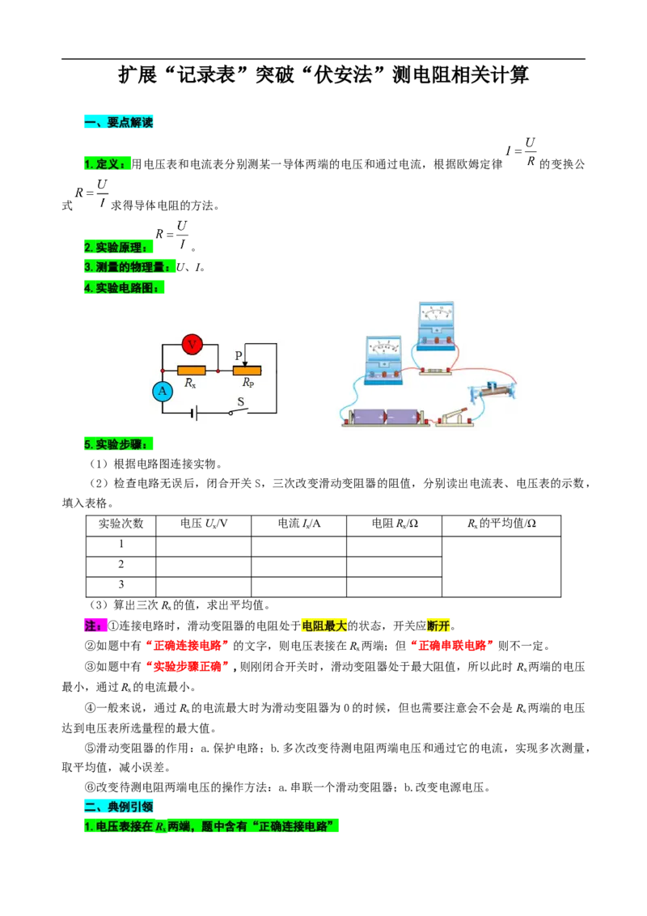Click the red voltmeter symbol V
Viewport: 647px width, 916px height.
pos(192,344)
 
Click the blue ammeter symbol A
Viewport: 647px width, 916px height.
pos(163,391)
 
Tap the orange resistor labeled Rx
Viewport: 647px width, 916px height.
pos(191,371)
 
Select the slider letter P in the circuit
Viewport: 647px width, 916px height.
pos(239,355)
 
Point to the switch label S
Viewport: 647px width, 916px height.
pos(240,402)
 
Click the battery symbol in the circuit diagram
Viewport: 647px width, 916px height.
pos(194,413)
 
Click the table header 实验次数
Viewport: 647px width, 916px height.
pos(121,524)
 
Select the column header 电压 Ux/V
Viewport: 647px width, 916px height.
pos(203,524)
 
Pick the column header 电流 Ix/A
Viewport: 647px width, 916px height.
pos(299,524)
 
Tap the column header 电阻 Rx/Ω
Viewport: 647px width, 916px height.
pos(395,524)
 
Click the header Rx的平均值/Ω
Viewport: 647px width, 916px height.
pos(501,524)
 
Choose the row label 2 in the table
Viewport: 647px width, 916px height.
pos(121,564)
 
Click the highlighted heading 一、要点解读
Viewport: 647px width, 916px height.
pos(119,122)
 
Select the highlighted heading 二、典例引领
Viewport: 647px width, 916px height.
pos(119,807)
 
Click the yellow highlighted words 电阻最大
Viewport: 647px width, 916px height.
pos(324,626)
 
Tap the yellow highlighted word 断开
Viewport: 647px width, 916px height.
pos(438,626)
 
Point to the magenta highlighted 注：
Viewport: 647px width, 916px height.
pos(95,626)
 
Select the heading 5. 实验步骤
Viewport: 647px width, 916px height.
pos(119,444)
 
